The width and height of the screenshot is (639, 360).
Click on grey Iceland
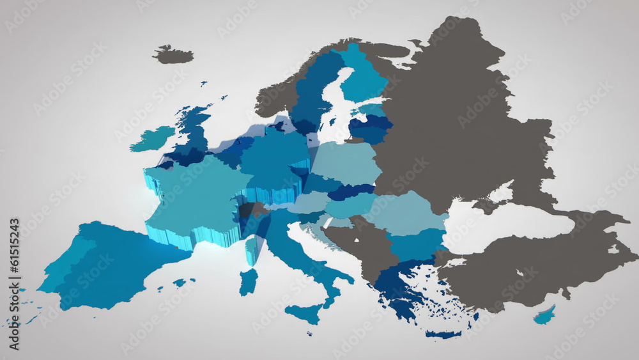pyautogui.click(x=173, y=55)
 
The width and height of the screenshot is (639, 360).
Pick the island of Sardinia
pyautogui.click(x=248, y=281)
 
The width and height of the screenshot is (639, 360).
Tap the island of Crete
pyautogui.click(x=443, y=334)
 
